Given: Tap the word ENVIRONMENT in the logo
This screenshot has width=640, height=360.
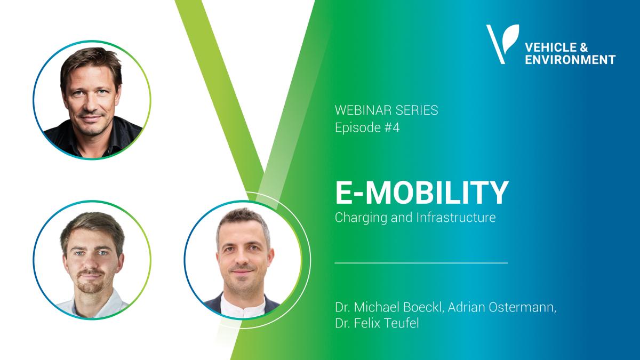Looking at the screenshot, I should coord(570,59).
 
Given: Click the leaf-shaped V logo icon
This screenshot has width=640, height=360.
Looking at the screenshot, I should coord(501,43).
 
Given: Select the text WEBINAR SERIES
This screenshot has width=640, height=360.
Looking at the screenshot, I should coord(386,111).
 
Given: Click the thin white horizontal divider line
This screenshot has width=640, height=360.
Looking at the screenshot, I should coord(421,263).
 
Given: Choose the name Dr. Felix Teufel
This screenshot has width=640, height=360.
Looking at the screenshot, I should coord(377,323).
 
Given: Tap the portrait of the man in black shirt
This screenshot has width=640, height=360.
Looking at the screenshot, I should coord(92,101).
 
